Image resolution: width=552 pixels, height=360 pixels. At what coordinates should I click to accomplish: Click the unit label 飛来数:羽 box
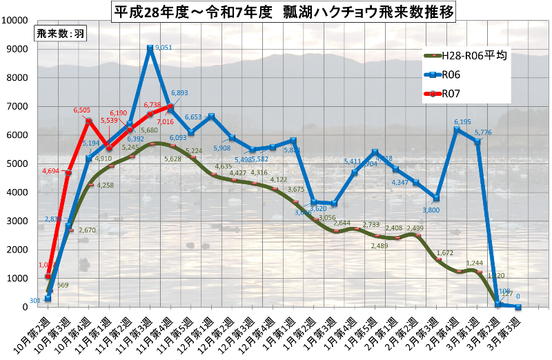click(x=60, y=34)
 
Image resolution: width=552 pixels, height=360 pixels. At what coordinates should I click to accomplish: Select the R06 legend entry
click(x=450, y=74)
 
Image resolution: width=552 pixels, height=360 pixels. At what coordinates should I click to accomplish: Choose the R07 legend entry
click(x=450, y=93)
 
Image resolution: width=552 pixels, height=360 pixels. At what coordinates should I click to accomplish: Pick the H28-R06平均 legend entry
click(x=466, y=56)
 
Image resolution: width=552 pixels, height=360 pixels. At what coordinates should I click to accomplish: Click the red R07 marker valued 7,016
click(x=170, y=106)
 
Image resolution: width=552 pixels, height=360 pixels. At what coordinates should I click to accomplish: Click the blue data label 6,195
click(x=462, y=122)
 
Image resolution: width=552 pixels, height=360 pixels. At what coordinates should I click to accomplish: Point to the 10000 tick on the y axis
click(x=15, y=20)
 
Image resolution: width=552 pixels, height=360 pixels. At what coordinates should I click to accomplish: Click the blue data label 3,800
click(x=428, y=210)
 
